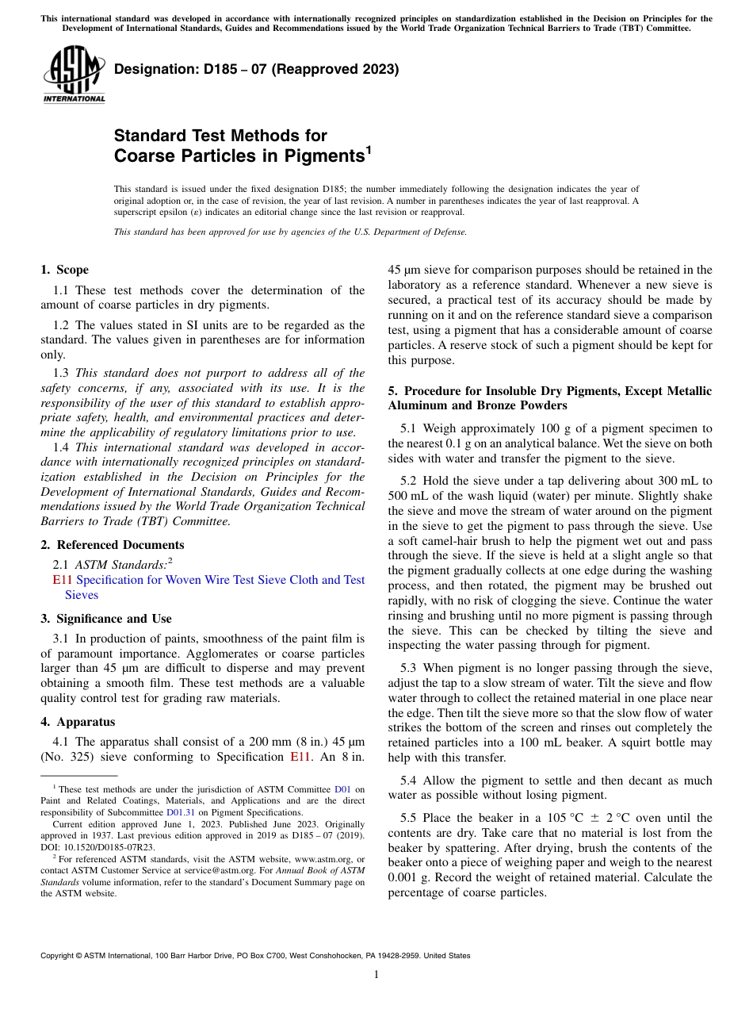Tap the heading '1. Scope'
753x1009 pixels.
(64, 270)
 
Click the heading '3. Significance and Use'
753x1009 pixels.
(106, 619)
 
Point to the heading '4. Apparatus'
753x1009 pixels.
(78, 722)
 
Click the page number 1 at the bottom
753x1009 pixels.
(376, 975)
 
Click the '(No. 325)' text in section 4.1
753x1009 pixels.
(67, 757)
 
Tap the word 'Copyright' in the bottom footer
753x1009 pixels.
(59, 956)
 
